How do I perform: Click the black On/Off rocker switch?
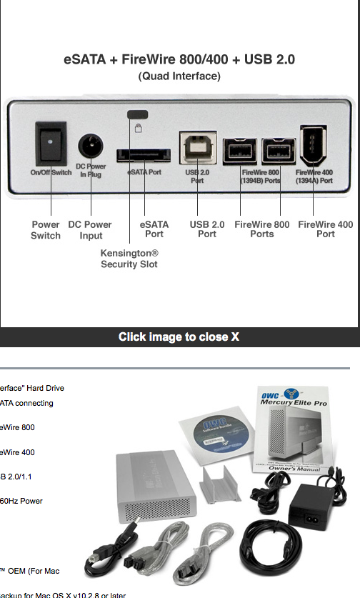point(51,144)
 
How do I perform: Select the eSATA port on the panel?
point(144,155)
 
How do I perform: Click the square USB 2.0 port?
point(196,149)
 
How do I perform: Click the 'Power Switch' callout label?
point(46,230)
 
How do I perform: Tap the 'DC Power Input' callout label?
point(90,230)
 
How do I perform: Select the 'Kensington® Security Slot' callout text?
point(129,259)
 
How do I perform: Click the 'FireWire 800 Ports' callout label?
point(262,229)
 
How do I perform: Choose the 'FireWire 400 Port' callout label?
point(326,229)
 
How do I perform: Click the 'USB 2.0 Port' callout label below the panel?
point(207,229)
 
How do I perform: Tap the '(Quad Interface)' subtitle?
point(179,76)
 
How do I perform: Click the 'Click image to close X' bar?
point(179,337)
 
